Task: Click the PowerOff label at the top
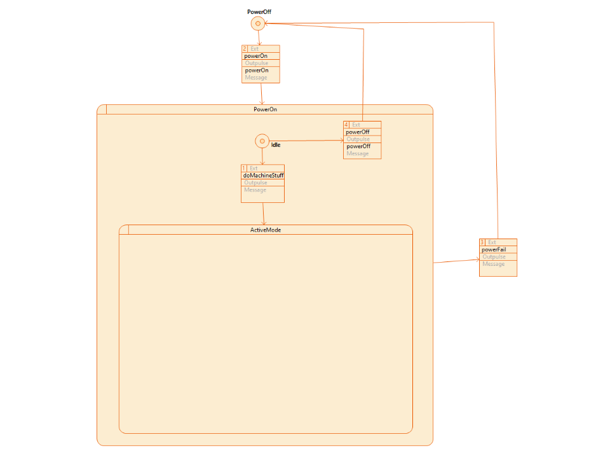pos(259,12)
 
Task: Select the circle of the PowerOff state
pos(258,24)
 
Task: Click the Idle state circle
pos(262,141)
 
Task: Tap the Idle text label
pos(276,145)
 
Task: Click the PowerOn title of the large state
pos(265,109)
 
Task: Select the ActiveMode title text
pos(266,230)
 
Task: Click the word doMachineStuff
pos(263,176)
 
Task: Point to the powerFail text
pos(494,249)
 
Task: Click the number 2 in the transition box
pos(245,49)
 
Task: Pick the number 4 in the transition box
pos(346,125)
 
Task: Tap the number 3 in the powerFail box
pos(482,242)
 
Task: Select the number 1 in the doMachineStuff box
pos(244,168)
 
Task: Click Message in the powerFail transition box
pos(494,264)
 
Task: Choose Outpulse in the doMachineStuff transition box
pos(255,183)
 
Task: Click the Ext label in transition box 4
pos(356,125)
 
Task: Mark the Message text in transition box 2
pos(256,78)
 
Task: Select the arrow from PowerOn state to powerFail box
pos(456,261)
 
